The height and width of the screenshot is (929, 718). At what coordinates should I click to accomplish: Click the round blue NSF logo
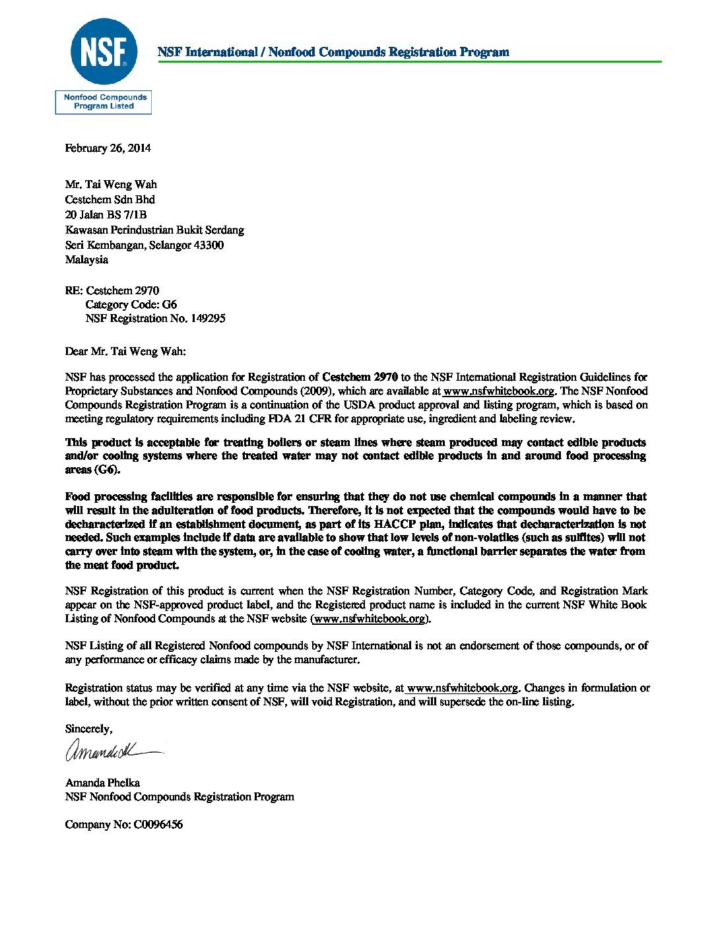coord(104,52)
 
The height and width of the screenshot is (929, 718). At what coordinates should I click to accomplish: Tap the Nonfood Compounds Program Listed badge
coord(104,102)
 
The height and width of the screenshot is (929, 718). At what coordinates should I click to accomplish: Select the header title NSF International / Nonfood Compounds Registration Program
coord(333,52)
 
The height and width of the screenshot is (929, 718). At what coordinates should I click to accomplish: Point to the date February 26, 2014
coord(108,148)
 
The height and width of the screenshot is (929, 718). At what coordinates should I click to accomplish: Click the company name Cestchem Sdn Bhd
coord(110,199)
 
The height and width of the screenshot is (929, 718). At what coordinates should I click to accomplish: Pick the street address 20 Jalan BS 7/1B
coord(106,214)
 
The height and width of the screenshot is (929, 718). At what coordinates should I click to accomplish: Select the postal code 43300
coord(209,245)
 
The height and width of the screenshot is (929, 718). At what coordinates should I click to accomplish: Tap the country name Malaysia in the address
coord(86,260)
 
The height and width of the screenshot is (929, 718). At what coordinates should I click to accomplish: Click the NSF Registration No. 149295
coord(155,319)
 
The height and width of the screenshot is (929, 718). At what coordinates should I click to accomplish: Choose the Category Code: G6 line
coord(131,305)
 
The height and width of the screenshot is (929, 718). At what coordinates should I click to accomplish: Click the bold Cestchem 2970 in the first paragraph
coord(360,377)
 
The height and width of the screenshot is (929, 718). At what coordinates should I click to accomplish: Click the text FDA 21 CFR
coord(300,419)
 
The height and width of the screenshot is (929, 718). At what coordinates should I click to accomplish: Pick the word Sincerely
coord(88,729)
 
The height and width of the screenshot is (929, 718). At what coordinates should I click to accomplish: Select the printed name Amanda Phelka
coord(102,783)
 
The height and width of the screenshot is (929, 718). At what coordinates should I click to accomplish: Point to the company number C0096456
coord(158,825)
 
